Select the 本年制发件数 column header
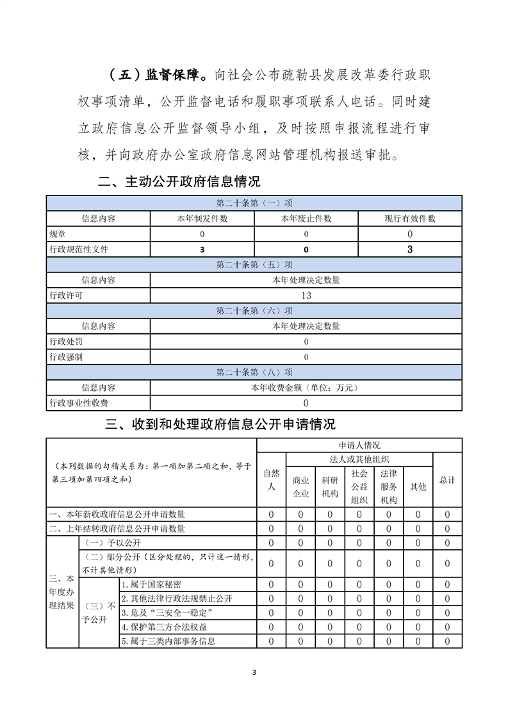pos(202,219)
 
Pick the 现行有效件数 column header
pos(410,219)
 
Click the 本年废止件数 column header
pos(306,219)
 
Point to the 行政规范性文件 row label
pos(79,249)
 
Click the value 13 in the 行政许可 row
pos(306,295)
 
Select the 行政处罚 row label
pos(66,342)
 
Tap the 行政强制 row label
pos(66,357)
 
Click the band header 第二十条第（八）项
pos(254,372)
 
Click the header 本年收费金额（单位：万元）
pos(306,388)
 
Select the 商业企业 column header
pos(301,486)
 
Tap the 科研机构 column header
pos(330,486)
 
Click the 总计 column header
pos(447,479)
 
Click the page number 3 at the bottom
pos(254,672)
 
